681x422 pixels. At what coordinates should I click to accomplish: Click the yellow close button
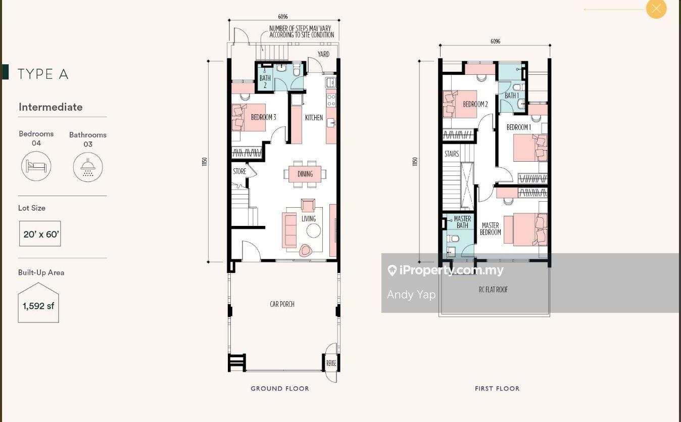point(656,9)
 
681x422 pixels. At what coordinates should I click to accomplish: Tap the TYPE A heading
point(43,74)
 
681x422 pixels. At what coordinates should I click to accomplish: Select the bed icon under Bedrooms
point(36,166)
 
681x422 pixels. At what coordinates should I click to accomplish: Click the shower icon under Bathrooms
point(88,167)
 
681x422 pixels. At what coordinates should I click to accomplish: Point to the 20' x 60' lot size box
point(40,233)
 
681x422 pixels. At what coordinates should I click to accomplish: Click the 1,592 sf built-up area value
point(38,306)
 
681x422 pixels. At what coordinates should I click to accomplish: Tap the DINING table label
point(305,174)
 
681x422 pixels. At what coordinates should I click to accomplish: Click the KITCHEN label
point(314,117)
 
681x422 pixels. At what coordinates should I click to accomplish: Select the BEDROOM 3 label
point(264,117)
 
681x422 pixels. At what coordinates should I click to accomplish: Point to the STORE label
point(239,171)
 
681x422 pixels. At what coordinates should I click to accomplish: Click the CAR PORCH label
point(282,304)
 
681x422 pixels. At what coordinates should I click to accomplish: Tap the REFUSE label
point(331,363)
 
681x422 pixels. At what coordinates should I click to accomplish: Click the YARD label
point(323,54)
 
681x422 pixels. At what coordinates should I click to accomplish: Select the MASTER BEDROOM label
point(491,228)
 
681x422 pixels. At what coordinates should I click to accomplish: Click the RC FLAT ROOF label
point(493,290)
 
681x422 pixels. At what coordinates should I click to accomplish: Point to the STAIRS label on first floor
point(452,154)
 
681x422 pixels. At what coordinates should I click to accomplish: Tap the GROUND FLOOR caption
point(280,388)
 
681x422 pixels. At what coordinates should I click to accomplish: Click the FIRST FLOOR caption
point(497,388)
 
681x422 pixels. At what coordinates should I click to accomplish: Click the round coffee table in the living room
point(313,230)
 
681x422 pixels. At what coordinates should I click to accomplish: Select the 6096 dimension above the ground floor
point(283,17)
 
